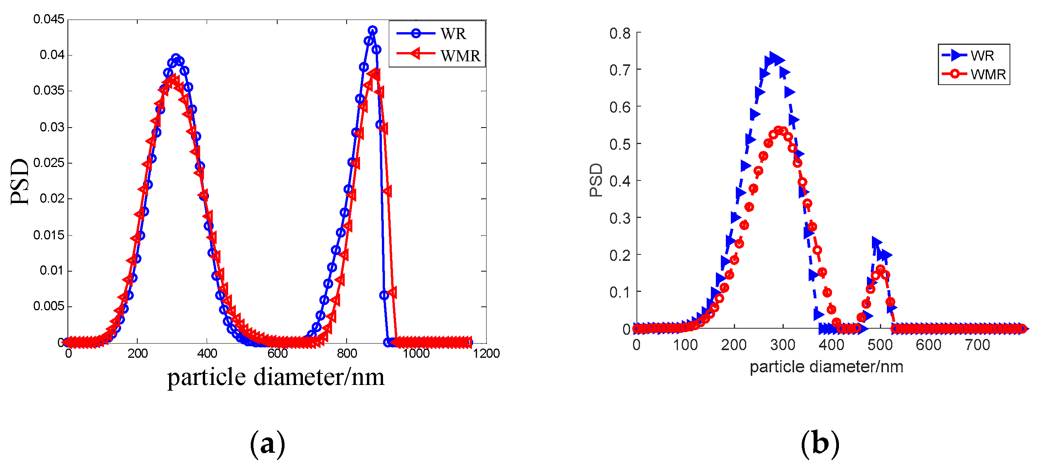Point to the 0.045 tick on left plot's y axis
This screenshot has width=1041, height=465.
(48, 19)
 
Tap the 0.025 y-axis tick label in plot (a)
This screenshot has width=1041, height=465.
(48, 163)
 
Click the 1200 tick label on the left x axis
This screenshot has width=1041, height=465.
(486, 354)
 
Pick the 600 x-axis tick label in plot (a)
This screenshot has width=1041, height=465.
(277, 354)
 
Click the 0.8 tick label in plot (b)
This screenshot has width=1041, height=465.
(620, 33)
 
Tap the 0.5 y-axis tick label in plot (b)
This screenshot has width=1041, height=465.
(620, 144)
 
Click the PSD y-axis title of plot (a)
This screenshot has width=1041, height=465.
(20, 182)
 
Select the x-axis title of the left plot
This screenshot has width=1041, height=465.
(276, 377)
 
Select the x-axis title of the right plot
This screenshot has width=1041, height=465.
(826, 367)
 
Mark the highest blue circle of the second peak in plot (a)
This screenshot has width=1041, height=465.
(373, 30)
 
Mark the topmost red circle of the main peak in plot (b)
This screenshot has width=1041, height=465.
(778, 130)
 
